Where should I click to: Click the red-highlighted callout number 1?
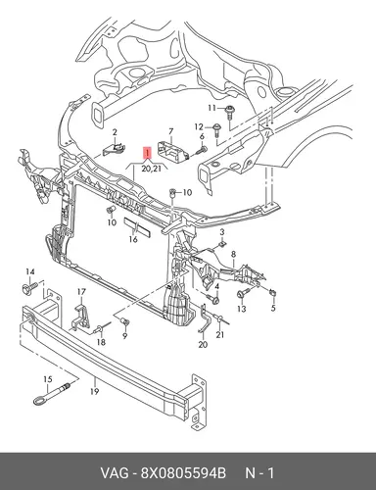[147, 153]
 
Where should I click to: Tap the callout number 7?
[170, 131]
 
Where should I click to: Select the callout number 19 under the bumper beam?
[94, 391]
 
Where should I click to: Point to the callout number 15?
[48, 379]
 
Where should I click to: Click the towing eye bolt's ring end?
[39, 400]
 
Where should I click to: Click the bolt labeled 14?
[28, 289]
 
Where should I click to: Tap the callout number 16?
[133, 239]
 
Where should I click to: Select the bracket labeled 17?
[80, 316]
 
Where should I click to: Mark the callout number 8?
[233, 254]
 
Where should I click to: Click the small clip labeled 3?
[222, 244]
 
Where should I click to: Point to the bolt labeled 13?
[243, 292]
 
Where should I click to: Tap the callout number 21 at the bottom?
[220, 335]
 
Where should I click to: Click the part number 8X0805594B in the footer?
[183, 473]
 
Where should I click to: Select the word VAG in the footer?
[115, 473]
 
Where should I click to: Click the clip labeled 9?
[124, 322]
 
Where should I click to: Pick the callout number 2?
[115, 132]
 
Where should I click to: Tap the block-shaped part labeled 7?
[172, 150]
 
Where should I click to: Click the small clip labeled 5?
[273, 293]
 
